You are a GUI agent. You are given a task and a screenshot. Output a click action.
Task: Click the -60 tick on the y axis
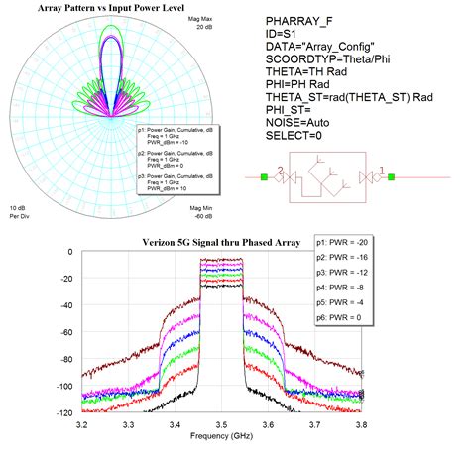pyautogui.click(x=67, y=331)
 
